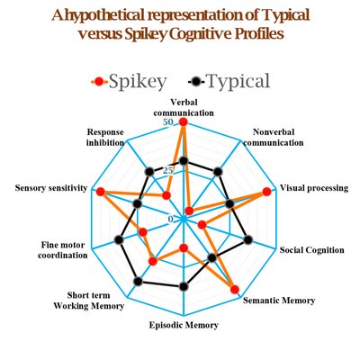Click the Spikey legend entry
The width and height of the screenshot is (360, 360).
[129, 81]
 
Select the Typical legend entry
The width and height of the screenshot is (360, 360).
[229, 81]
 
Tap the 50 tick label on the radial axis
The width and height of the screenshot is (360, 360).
[168, 122]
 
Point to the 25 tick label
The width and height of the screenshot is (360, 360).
[168, 171]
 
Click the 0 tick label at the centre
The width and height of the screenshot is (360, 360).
[171, 220]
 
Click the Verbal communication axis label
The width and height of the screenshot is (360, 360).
[184, 107]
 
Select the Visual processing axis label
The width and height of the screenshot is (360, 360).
[314, 188]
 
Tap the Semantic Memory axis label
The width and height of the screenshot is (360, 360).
[279, 301]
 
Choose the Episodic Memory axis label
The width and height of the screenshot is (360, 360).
[184, 325]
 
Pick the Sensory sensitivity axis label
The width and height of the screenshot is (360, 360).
[51, 188]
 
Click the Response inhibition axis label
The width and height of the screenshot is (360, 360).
[105, 137]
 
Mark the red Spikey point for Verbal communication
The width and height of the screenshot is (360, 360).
[183, 122]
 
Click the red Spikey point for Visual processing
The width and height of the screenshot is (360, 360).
[266, 192]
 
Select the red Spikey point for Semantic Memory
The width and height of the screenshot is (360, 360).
[235, 289]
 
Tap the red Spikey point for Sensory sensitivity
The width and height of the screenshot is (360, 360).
[100, 192]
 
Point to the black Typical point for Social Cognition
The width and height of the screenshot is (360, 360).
[248, 239]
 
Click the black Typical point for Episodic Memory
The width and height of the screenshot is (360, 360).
[184, 286]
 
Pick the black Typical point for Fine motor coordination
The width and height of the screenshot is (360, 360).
[119, 240]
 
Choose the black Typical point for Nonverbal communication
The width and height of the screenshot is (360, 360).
[218, 172]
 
